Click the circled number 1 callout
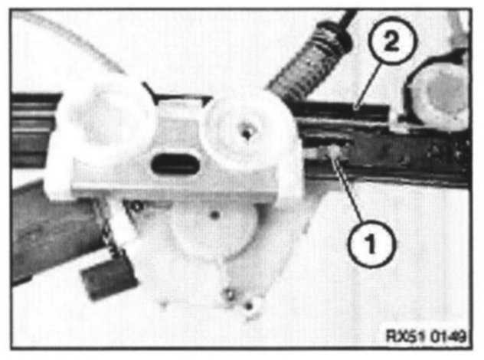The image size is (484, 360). [371, 244]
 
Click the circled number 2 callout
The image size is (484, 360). [392, 41]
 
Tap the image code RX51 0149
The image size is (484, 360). [426, 336]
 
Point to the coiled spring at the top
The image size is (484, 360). [311, 59]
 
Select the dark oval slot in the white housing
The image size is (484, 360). [175, 164]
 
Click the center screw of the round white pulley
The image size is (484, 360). [247, 133]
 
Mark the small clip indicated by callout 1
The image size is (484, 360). [332, 152]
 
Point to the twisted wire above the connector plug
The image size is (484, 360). [106, 227]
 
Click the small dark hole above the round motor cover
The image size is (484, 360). [215, 214]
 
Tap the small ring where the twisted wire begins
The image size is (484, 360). [137, 205]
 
